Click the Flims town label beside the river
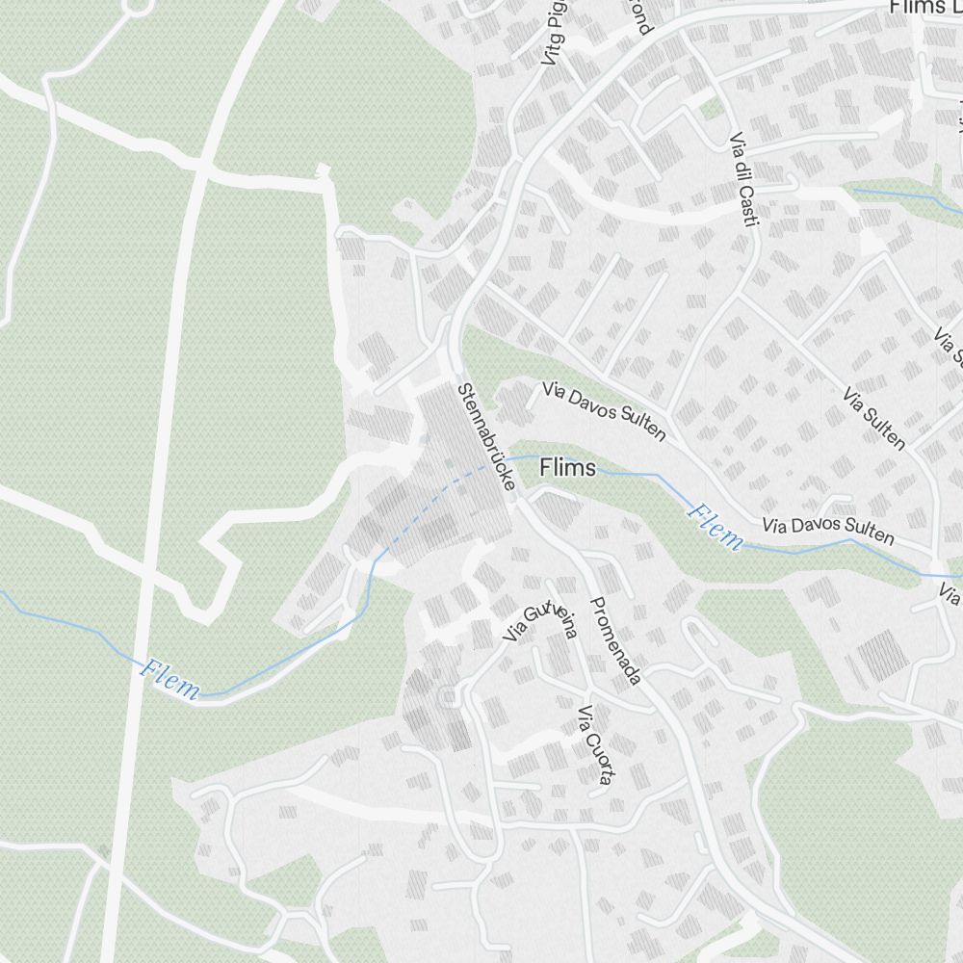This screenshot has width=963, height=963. pyautogui.click(x=568, y=468)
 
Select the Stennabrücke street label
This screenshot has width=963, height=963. pyautogui.click(x=487, y=439)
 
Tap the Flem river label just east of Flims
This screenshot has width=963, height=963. pyautogui.click(x=716, y=526)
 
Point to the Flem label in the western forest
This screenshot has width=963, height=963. pyautogui.click(x=169, y=678)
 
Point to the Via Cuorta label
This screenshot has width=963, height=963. pyautogui.click(x=593, y=743)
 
